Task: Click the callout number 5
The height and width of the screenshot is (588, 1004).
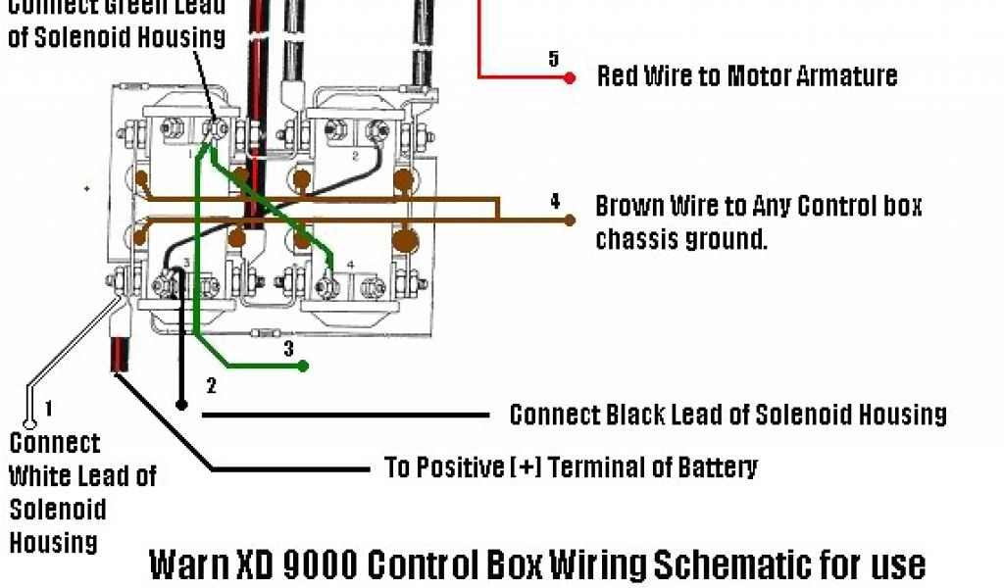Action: pos(553,59)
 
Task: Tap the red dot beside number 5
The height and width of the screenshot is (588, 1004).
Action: pos(570,76)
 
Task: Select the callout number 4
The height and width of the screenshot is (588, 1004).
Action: pos(555,203)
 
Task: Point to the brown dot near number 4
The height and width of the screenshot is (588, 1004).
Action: pos(570,220)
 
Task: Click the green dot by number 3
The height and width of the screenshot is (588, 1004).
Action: pos(304,366)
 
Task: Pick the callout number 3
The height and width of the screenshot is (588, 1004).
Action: pos(288,348)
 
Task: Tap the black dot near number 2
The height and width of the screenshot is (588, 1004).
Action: pos(181,404)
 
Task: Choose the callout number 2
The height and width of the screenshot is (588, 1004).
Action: pos(211,385)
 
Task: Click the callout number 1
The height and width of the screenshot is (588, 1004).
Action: pos(48,407)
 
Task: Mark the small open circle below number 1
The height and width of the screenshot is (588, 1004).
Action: pos(29,424)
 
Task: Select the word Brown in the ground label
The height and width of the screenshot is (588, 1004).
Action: pos(629,207)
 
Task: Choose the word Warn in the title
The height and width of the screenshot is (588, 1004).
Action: pos(186,565)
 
